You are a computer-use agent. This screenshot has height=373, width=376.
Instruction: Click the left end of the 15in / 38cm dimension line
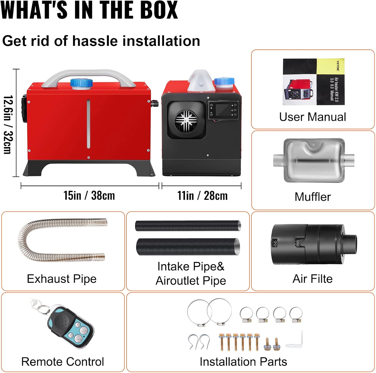(21, 186)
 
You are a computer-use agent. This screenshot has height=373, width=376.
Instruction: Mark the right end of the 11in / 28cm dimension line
(241, 186)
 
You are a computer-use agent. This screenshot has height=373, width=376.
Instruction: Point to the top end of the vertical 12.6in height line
(16, 69)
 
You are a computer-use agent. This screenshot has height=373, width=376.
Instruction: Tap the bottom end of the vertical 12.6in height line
(16, 177)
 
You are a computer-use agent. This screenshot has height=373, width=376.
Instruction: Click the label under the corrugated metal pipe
(62, 279)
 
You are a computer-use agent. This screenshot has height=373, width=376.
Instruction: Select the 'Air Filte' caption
(313, 279)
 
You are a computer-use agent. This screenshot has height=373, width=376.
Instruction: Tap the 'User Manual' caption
(313, 117)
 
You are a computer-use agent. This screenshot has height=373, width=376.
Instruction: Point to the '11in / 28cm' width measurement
(203, 196)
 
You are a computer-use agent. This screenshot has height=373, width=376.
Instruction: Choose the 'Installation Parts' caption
(243, 362)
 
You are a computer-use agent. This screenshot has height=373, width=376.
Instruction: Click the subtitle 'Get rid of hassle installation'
(101, 41)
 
